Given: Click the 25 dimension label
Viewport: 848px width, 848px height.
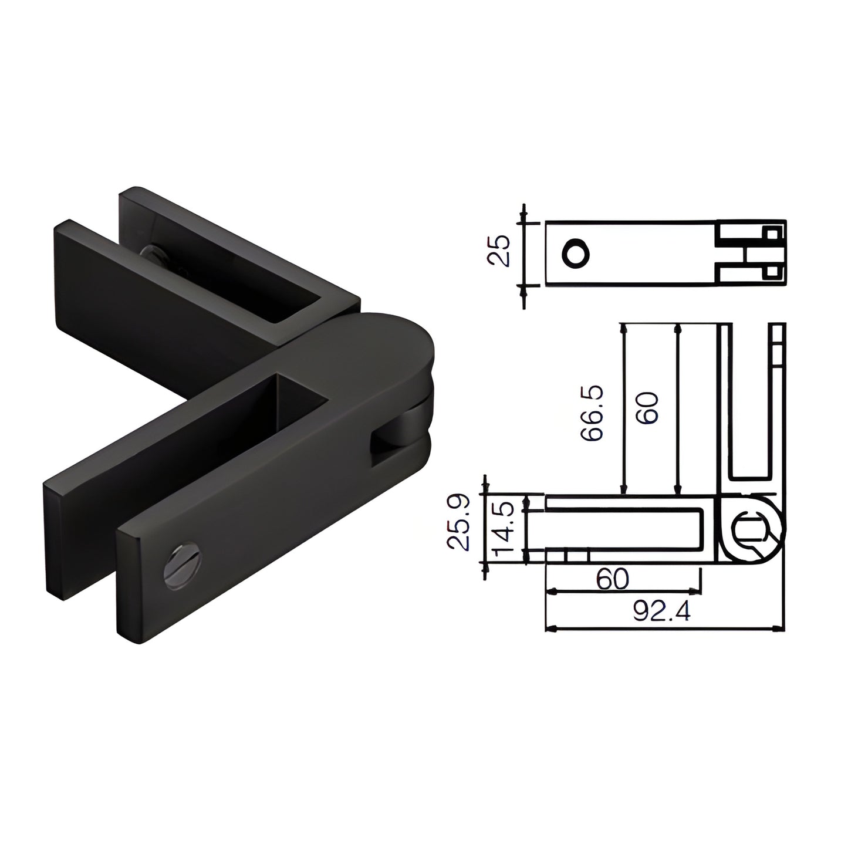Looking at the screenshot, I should point(499,251).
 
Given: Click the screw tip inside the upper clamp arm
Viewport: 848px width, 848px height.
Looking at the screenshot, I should point(154,255).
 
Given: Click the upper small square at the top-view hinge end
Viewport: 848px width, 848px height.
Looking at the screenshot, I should point(772,233).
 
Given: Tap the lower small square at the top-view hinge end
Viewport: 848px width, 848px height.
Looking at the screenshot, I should point(772,272).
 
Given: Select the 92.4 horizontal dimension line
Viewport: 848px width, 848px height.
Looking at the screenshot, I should point(663,629).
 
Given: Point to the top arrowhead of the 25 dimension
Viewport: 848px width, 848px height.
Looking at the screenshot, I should point(523,217).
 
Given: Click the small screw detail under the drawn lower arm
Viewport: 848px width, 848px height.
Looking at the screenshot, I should point(566,555).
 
